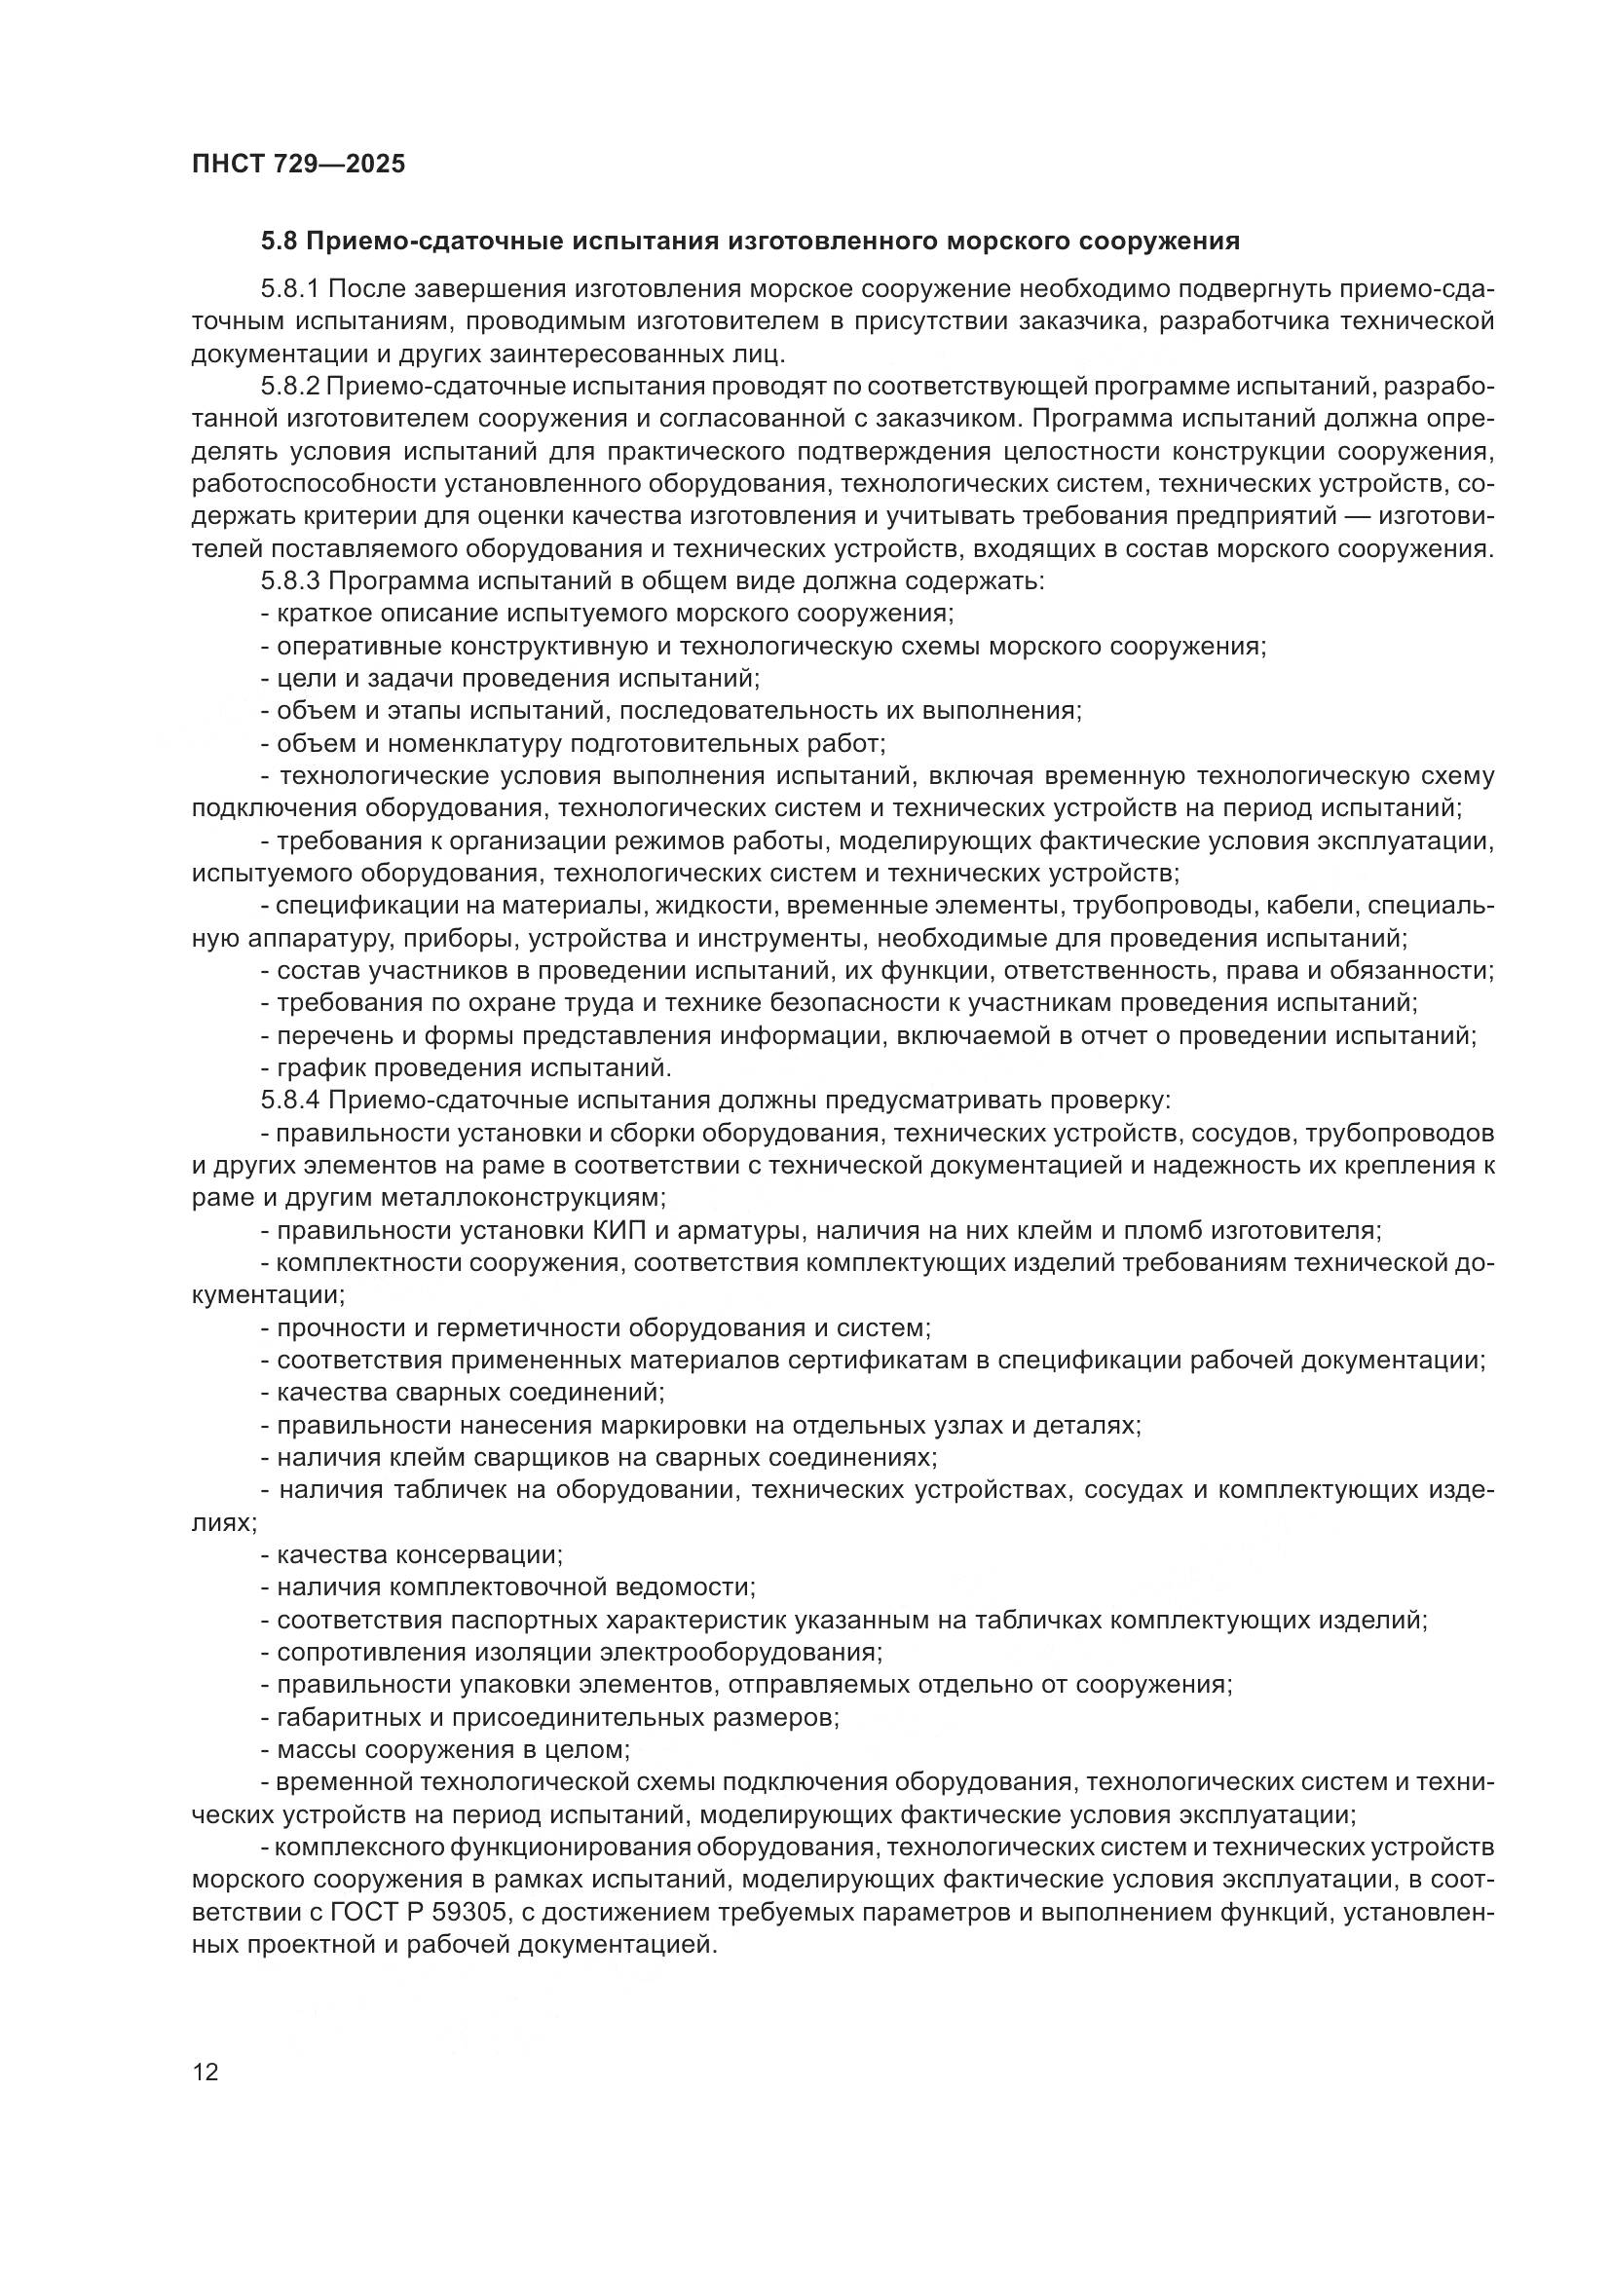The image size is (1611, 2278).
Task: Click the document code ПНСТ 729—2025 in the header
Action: pyautogui.click(x=299, y=164)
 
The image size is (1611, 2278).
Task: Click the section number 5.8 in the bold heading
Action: pyautogui.click(x=280, y=242)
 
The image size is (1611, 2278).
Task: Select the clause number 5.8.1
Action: pyautogui.click(x=289, y=289)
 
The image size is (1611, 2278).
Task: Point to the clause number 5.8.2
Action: pyautogui.click(x=289, y=387)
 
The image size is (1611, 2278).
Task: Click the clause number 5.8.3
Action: pyautogui.click(x=289, y=580)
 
